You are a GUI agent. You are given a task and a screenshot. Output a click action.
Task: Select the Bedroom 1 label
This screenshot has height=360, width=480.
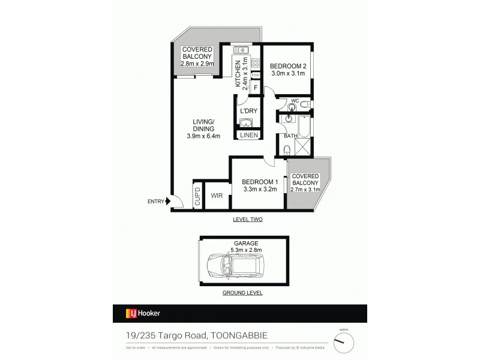pyautogui.click(x=259, y=182)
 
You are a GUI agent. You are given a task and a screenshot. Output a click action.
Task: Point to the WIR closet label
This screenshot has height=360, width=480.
pyautogui.click(x=217, y=196)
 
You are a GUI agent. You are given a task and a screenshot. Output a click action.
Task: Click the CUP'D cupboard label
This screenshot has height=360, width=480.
pyautogui.click(x=197, y=197)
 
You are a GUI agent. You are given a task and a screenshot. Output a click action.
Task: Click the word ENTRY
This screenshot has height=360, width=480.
pyautogui.click(x=156, y=201)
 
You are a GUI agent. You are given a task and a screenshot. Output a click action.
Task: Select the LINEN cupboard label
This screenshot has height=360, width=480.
pyautogui.click(x=248, y=136)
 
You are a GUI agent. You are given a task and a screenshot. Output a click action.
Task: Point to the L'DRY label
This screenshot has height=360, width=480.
pyautogui.click(x=248, y=112)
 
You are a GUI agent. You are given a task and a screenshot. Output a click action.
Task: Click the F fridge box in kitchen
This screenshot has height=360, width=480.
pyautogui.click(x=256, y=88)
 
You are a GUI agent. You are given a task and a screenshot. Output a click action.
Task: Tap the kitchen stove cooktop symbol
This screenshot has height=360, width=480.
pyautogui.click(x=255, y=62)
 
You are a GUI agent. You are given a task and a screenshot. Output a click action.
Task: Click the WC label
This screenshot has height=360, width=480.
pyautogui.click(x=295, y=101)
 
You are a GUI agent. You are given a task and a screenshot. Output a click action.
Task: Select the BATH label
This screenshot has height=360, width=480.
pyautogui.click(x=290, y=136)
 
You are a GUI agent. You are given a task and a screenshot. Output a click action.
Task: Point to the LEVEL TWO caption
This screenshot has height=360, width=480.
pyautogui.click(x=248, y=220)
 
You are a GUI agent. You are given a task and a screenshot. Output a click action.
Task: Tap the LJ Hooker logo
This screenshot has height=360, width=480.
pyautogui.click(x=142, y=313)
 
